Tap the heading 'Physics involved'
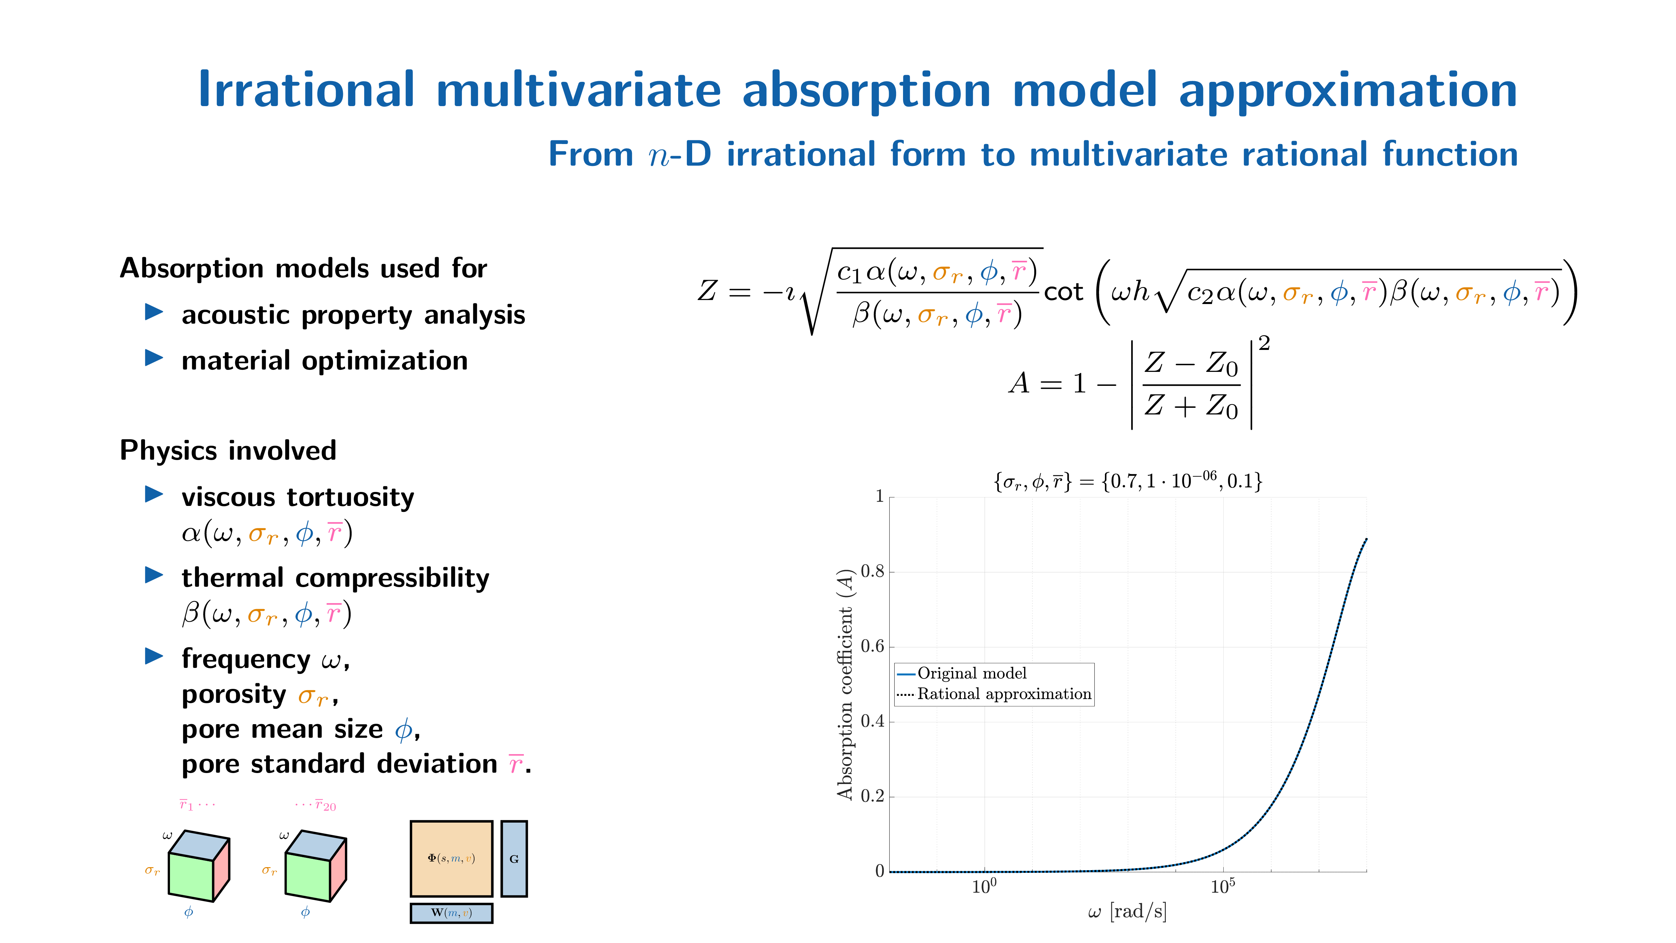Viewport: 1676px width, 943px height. pos(228,450)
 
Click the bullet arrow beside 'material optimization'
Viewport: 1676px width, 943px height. pos(154,357)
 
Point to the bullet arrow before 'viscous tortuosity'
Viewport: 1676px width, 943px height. pos(154,494)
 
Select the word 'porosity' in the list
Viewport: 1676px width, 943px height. pos(233,695)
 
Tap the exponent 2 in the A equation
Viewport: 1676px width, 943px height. pos(1264,343)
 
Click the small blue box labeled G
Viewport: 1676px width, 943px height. pos(514,859)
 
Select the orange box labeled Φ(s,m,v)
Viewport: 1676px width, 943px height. pos(451,859)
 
